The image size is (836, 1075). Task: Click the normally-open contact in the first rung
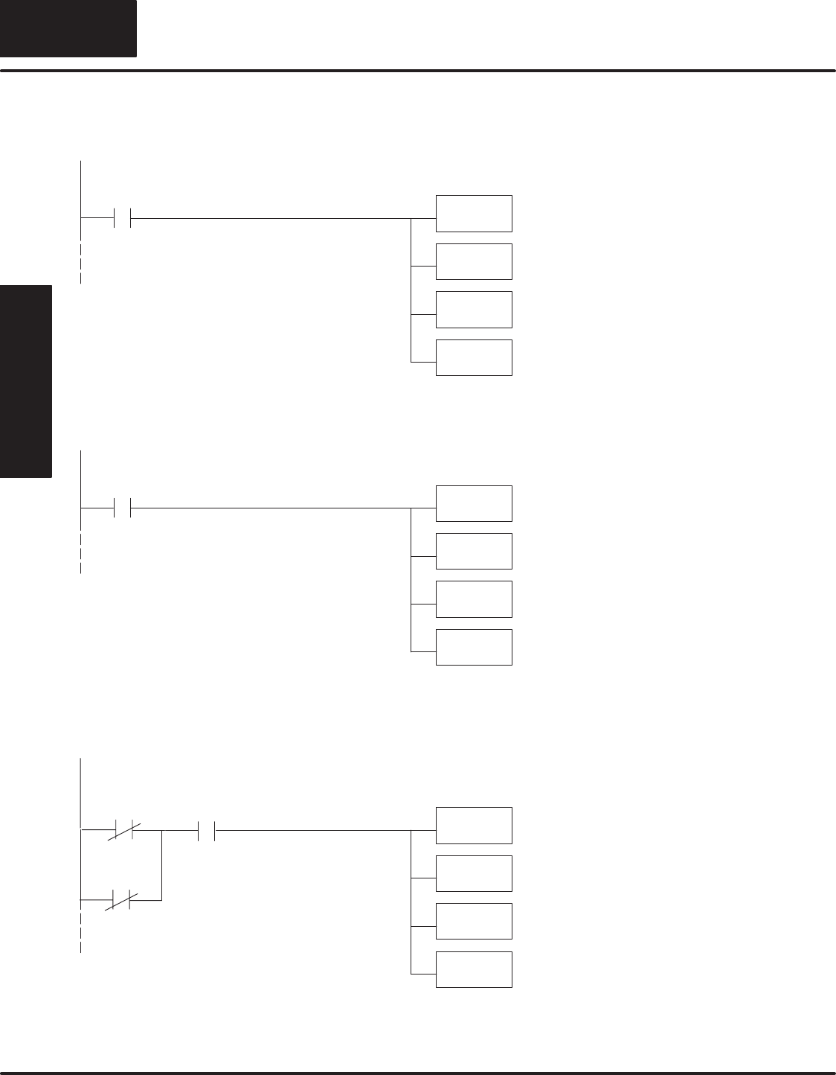(x=122, y=218)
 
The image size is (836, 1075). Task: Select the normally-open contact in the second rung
(x=122, y=508)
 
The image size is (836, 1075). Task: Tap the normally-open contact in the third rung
(x=206, y=829)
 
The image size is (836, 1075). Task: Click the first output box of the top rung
(x=474, y=214)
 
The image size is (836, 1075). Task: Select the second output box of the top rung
(x=474, y=261)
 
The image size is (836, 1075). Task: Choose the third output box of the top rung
(x=474, y=310)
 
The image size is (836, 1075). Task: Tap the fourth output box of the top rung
(x=474, y=357)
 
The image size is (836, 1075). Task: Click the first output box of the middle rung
(x=474, y=503)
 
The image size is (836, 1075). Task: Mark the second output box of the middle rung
(x=474, y=551)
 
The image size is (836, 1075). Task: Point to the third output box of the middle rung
(x=474, y=599)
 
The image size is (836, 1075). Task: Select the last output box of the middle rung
(x=474, y=647)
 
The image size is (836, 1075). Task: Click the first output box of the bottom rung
(x=474, y=826)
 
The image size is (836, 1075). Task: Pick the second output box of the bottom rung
(x=474, y=873)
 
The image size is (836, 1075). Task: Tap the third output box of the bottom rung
(x=474, y=922)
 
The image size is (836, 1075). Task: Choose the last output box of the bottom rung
(x=474, y=969)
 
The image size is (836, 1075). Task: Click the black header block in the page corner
(x=68, y=28)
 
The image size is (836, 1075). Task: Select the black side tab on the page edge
(x=26, y=381)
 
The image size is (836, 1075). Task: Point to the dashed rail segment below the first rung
(x=80, y=263)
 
